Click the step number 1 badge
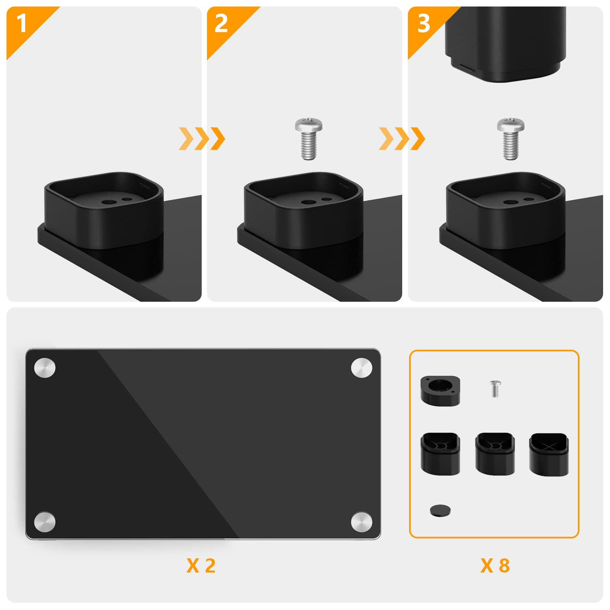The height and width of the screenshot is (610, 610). point(21,23)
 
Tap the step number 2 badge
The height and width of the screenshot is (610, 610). point(221,23)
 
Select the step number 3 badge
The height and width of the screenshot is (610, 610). point(424,23)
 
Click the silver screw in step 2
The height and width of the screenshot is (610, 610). point(309,138)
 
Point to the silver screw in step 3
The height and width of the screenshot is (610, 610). point(511,138)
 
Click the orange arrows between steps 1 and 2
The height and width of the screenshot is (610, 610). point(202,138)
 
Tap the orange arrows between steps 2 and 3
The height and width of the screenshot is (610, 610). point(402,138)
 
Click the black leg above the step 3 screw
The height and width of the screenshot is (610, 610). point(505,43)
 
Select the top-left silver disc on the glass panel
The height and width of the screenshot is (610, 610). point(45,368)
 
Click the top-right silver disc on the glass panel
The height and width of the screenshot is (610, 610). point(362,368)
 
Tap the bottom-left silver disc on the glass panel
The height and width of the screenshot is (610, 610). point(45,522)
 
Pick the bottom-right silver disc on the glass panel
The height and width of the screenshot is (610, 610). point(362,522)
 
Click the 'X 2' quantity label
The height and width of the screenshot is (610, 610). point(201,566)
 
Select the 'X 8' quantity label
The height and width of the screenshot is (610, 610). point(495,566)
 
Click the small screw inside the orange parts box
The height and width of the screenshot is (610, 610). point(495,389)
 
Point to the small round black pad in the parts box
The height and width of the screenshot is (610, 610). point(440,510)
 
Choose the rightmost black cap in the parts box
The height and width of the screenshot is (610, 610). point(549,454)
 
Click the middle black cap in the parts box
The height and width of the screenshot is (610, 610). point(495,454)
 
